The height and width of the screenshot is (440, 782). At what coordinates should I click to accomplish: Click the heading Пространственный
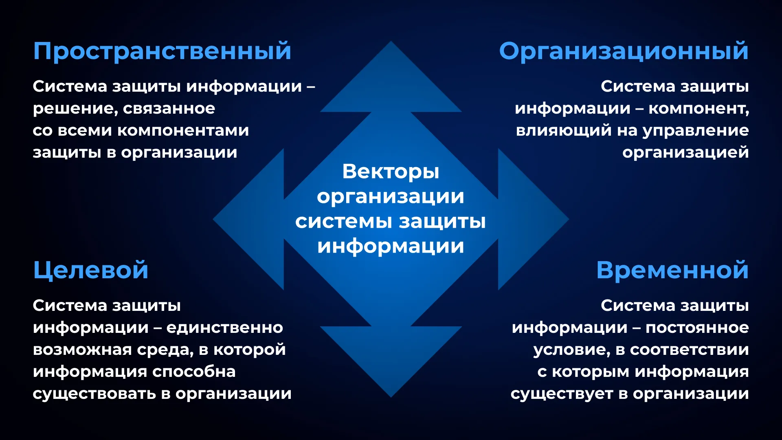(x=162, y=51)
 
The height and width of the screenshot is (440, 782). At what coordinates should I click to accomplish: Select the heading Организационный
(x=624, y=51)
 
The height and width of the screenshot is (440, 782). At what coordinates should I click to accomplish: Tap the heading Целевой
(x=91, y=271)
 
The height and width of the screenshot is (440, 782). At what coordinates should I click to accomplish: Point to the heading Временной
(x=672, y=270)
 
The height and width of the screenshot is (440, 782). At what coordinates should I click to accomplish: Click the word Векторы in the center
(x=391, y=172)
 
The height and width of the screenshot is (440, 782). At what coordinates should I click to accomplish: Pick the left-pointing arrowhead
(x=248, y=219)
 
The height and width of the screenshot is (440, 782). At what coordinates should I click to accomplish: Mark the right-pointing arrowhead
(x=534, y=219)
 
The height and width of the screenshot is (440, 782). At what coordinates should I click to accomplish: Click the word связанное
(x=169, y=109)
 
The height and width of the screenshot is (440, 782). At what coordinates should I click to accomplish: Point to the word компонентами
(x=183, y=130)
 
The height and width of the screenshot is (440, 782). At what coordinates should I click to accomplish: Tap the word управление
(x=696, y=131)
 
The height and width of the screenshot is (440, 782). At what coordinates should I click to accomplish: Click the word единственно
(x=225, y=328)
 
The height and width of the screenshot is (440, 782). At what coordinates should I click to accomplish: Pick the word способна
(x=194, y=372)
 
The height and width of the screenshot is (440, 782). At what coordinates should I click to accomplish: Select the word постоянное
(x=697, y=328)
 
